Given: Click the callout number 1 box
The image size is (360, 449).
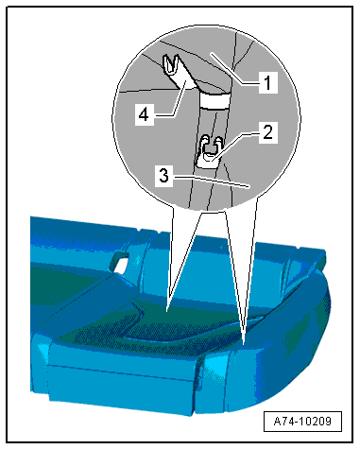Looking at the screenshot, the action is (x=268, y=82).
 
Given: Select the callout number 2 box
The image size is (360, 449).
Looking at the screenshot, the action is (x=268, y=132).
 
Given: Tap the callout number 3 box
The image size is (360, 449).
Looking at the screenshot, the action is (x=163, y=176).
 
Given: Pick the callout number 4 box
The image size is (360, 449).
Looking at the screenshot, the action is (x=144, y=114).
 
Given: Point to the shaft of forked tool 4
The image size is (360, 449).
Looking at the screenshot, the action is (x=186, y=83).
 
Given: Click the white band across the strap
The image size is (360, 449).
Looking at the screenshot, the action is (x=214, y=101).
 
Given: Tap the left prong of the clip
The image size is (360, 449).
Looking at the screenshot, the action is (x=205, y=142).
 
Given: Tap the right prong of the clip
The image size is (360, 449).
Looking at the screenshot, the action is (x=218, y=143).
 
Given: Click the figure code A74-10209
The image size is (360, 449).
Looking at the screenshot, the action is (x=302, y=422).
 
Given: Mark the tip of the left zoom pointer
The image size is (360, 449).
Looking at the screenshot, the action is (x=167, y=312).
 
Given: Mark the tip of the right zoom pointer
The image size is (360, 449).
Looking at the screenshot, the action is (x=245, y=343).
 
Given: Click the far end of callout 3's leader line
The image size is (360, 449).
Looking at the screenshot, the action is (x=249, y=187).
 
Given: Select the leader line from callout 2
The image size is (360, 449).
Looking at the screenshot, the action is (x=237, y=146).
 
